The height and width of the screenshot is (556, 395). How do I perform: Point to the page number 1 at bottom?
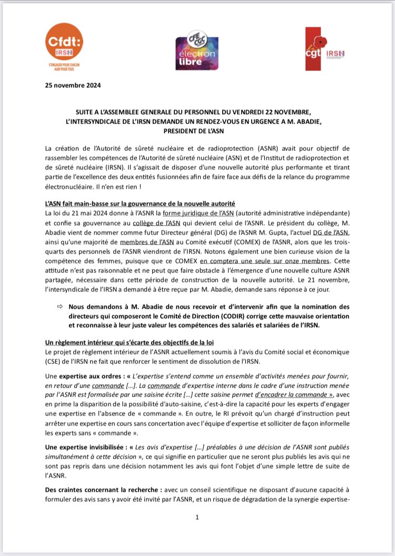point(196,518)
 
